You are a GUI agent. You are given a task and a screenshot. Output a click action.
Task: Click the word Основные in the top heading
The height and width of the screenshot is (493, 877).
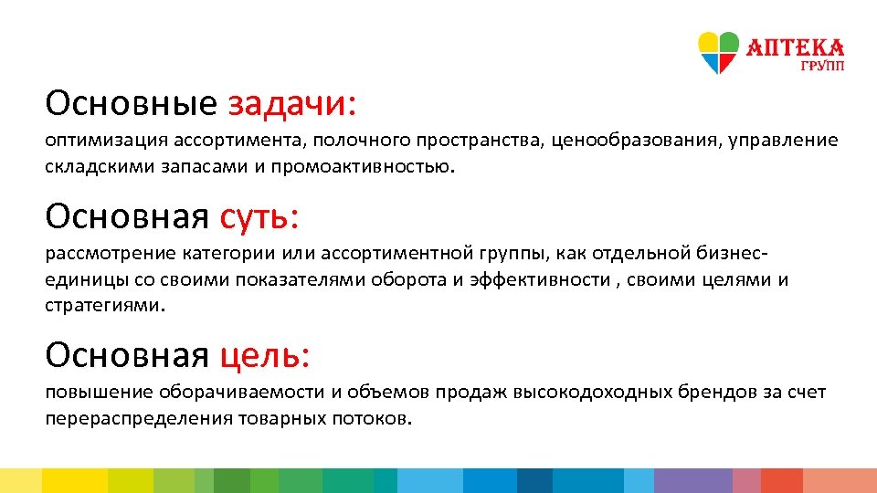pos(131,103)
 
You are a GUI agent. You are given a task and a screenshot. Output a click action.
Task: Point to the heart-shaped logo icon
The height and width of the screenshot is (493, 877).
pos(718,53)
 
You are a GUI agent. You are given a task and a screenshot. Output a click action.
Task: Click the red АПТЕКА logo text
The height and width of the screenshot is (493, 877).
pos(795,47)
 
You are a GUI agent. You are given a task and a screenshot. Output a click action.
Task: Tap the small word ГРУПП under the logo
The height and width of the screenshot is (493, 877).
pos(822,67)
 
